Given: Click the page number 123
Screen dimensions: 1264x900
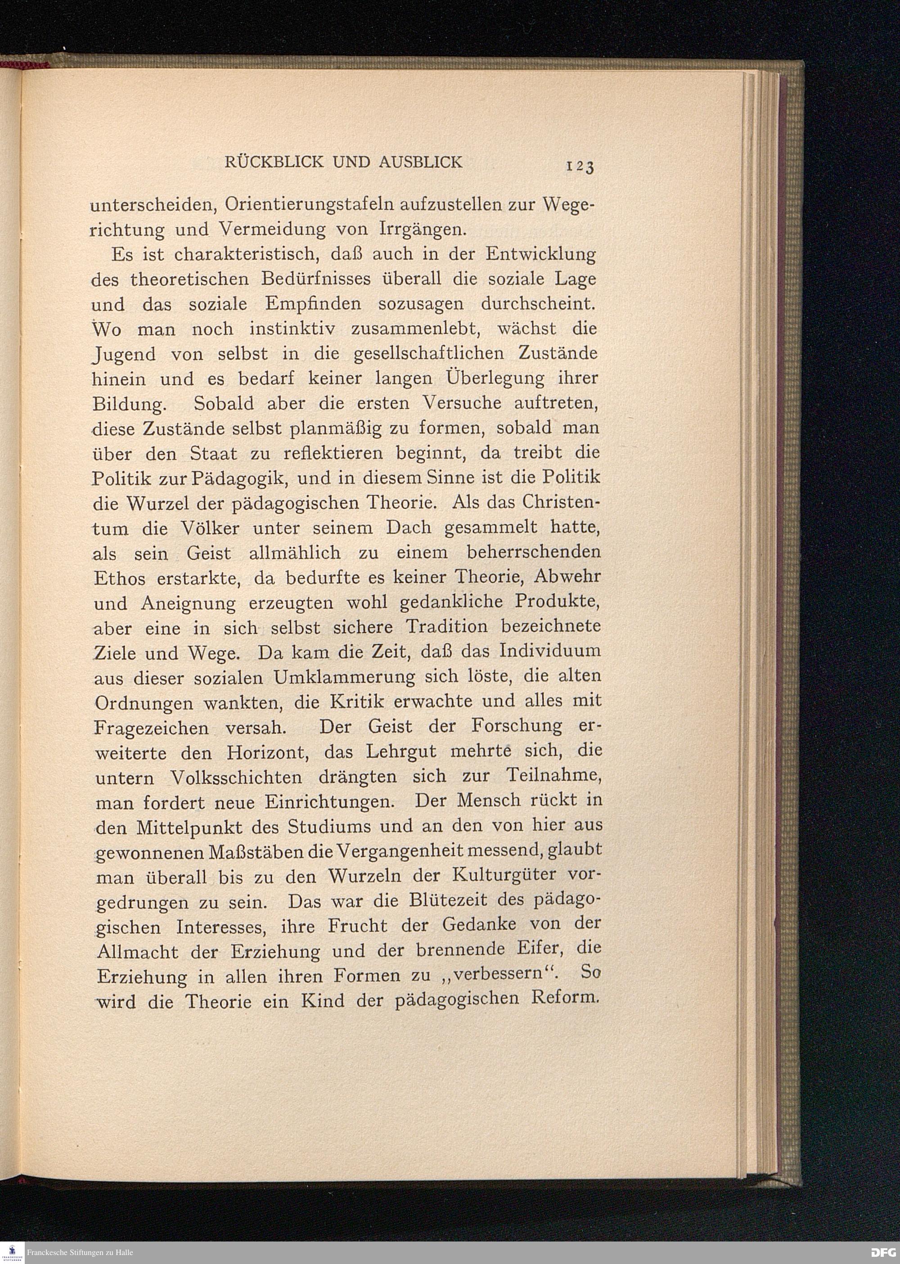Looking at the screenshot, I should [x=580, y=165].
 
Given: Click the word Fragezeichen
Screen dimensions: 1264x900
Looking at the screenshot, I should [x=151, y=728].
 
